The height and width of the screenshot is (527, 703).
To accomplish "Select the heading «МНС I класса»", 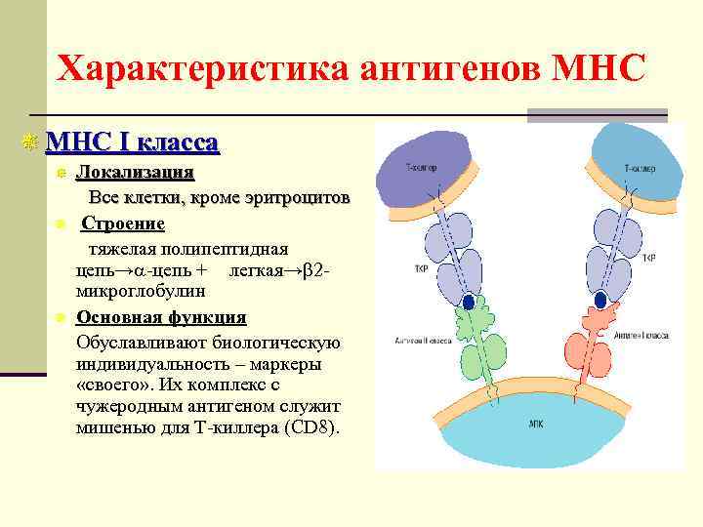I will click(132, 142).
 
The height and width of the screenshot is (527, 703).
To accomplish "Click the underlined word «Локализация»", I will click(135, 173).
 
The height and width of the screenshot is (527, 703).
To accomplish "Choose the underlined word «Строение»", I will click(122, 223).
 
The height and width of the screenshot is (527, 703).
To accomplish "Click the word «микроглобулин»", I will click(141, 290).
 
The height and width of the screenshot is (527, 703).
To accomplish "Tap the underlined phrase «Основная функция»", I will click(161, 317).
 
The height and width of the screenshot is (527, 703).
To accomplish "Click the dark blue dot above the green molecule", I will click(469, 303).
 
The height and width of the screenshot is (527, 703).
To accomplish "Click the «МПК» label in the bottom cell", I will click(536, 425).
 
